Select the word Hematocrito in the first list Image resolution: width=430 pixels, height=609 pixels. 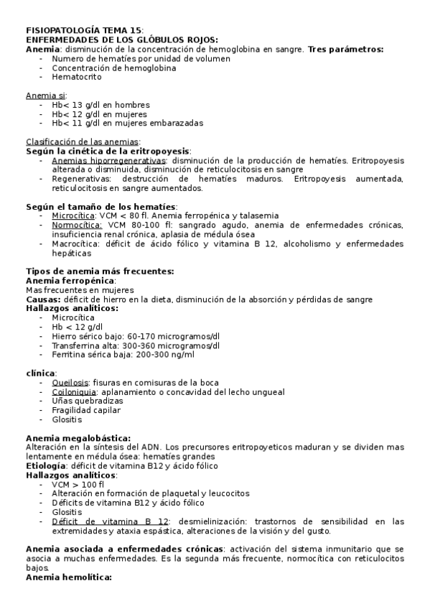[75, 76]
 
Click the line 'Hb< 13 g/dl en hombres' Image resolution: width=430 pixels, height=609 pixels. [100, 105]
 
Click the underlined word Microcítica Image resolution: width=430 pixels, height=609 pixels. [73, 216]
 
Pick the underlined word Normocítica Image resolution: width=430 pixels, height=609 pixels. [76, 226]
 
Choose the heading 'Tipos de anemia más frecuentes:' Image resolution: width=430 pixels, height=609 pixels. [99, 271]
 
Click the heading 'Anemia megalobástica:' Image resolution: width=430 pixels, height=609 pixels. [78, 438]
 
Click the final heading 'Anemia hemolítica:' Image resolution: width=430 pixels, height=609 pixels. [69, 577]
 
